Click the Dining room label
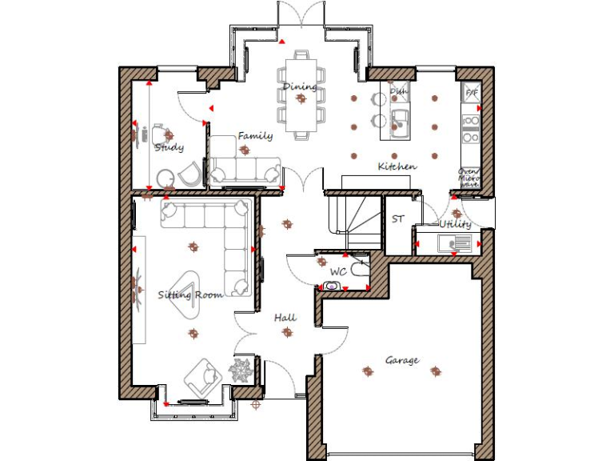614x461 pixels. click(x=300, y=86)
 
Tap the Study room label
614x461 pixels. click(x=169, y=147)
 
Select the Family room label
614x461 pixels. click(x=255, y=136)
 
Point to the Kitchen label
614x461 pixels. click(x=397, y=166)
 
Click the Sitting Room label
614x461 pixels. click(x=189, y=295)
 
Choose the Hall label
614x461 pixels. click(x=285, y=318)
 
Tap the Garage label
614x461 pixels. click(x=401, y=360)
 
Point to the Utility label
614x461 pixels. click(x=454, y=225)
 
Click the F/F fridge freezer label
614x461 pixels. click(x=471, y=93)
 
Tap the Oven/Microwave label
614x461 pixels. click(x=468, y=178)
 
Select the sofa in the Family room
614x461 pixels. click(x=245, y=169)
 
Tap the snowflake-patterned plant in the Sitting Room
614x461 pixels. click(x=241, y=370)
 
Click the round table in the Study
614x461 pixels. click(x=165, y=177)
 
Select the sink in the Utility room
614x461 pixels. click(x=460, y=244)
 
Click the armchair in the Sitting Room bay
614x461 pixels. click(x=202, y=375)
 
